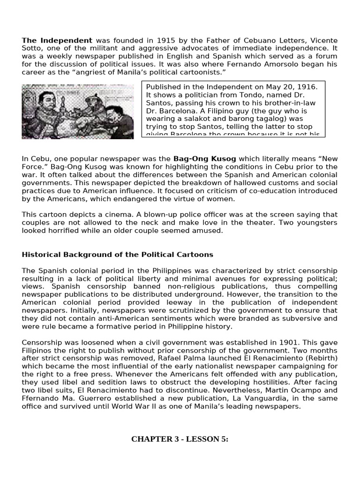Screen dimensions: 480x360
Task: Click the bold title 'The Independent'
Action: [57, 41]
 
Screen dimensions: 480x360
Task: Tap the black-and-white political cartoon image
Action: [78, 112]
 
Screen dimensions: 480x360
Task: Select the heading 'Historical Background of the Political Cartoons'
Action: [117, 255]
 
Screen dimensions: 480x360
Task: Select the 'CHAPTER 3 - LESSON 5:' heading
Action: [180, 439]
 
